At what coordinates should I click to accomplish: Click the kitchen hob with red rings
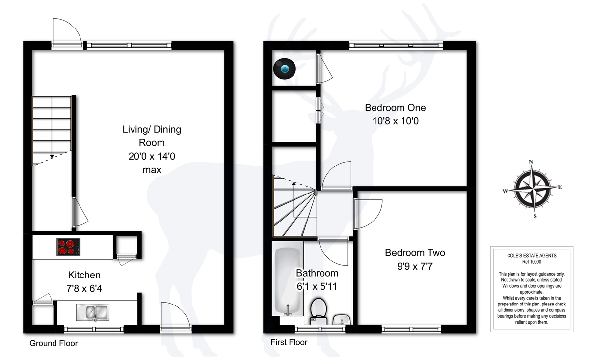[x=69, y=247]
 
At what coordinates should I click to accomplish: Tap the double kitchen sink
[x=93, y=312]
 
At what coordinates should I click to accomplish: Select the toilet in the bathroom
[x=319, y=311]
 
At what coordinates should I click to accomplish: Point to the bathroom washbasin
[x=342, y=319]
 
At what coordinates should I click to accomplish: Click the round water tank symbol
[x=285, y=69]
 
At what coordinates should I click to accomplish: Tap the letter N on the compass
[x=531, y=162]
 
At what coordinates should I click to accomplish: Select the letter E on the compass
[x=560, y=187]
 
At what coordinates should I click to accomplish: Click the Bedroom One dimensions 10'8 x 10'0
[x=395, y=121]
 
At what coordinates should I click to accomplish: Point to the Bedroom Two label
[x=415, y=252]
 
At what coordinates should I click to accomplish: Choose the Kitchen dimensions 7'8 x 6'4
[x=84, y=289]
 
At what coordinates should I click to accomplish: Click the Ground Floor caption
[x=54, y=343]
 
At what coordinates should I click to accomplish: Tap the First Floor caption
[x=289, y=342]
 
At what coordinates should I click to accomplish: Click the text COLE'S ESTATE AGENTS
[x=532, y=256]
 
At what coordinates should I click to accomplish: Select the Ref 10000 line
[x=532, y=262]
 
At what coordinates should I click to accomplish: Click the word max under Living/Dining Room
[x=152, y=170]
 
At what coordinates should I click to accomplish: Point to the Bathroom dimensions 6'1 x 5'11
[x=317, y=286]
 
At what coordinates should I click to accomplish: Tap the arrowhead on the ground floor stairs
[x=52, y=156]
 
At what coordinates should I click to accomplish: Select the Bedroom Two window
[x=411, y=329]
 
